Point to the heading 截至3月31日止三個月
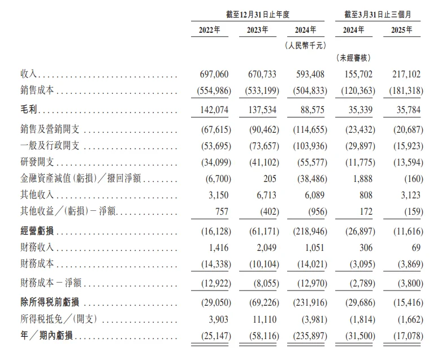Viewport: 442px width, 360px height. tap(378, 13)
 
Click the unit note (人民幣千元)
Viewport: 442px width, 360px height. tap(305, 45)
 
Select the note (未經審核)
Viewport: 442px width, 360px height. tap(353, 58)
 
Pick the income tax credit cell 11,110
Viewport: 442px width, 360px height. tap(261, 320)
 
